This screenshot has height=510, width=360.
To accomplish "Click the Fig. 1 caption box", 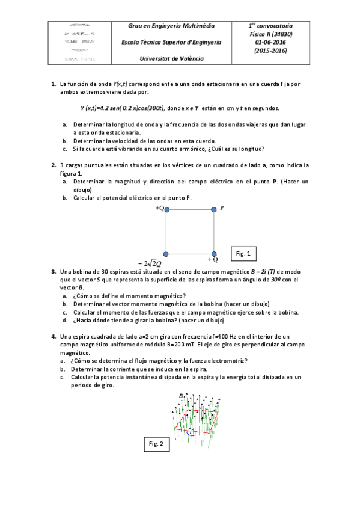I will (x=243, y=254).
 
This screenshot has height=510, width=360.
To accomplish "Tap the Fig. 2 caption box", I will (x=155, y=444).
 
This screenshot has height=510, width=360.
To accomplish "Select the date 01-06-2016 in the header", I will (x=270, y=43).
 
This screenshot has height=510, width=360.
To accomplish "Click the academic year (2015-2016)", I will (x=270, y=51).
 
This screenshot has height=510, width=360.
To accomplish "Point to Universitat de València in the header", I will (x=171, y=58).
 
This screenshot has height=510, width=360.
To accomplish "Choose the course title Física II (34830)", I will (x=270, y=35).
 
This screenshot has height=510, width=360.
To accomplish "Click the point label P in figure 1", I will (x=222, y=208).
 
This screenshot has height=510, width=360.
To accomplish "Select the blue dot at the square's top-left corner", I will (x=166, y=209).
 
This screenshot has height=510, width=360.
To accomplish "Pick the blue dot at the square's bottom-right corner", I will (x=213, y=254).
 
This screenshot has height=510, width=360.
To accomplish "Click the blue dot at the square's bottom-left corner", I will (x=166, y=254).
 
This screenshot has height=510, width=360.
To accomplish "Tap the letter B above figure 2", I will (x=180, y=395).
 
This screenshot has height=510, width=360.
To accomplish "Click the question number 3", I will (x=53, y=271).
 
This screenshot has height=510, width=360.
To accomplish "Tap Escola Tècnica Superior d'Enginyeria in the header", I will (x=171, y=43).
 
